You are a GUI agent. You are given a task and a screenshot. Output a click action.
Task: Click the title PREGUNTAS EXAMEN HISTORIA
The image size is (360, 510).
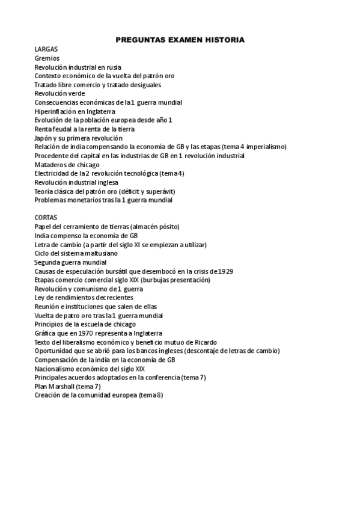click(180, 40)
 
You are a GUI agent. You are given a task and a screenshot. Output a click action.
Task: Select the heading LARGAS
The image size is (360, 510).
click(46, 49)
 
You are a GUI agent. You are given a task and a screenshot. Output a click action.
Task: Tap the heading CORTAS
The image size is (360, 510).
click(46, 218)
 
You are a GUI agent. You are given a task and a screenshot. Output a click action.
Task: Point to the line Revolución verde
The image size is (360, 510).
click(59, 94)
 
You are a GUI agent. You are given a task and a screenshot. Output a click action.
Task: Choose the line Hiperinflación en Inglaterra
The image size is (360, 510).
click(75, 111)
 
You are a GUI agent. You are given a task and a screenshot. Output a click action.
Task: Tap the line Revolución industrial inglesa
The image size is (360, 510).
click(76, 182)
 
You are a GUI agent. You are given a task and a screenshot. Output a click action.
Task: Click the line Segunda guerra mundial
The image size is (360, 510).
click(70, 262)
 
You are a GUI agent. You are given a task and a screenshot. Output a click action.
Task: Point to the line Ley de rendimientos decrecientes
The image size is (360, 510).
click(84, 298)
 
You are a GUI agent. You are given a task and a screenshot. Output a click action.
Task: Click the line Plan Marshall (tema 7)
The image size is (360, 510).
click(67, 386)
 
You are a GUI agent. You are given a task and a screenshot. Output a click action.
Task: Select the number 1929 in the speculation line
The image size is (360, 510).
click(225, 271)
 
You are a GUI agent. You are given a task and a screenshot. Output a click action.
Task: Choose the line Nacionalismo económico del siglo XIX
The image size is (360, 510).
click(90, 369)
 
